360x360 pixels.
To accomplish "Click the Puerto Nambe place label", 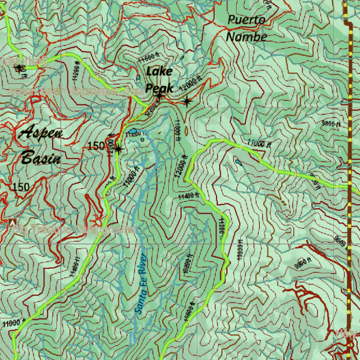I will (246, 28).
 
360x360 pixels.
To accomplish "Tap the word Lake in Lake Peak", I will (159, 71).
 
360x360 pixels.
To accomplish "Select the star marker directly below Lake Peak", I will (159, 96).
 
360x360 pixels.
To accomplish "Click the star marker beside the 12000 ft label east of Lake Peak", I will (187, 102).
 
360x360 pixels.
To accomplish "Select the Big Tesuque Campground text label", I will (75, 230).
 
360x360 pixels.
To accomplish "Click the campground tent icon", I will (13, 223).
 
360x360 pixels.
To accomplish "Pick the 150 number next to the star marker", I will (96, 146).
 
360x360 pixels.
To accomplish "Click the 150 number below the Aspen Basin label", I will (21, 187).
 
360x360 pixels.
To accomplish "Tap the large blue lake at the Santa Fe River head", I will (133, 132).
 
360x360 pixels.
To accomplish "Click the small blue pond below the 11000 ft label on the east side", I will (238, 162).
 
